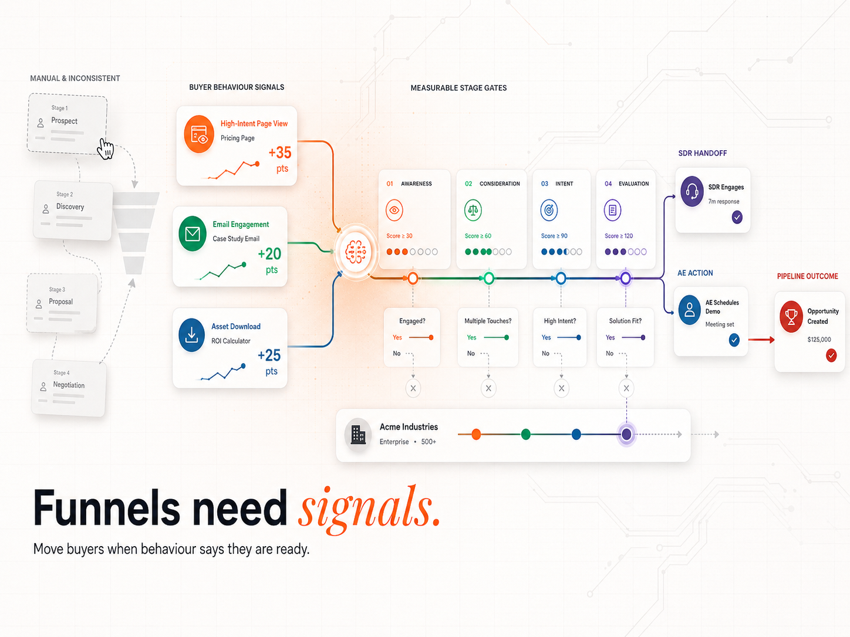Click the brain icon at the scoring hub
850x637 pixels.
(356, 252)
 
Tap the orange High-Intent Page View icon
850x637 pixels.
(199, 134)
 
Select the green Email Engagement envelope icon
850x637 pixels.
(193, 233)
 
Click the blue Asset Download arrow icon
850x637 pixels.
(192, 335)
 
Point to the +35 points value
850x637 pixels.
(279, 153)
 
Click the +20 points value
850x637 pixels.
(269, 254)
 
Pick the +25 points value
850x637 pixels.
(269, 355)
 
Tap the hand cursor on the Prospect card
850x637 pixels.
(105, 149)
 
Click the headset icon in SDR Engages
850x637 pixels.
(692, 191)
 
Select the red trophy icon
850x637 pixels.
(791, 316)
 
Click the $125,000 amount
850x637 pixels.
(819, 340)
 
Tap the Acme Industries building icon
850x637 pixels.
(358, 434)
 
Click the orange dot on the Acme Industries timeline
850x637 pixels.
(476, 434)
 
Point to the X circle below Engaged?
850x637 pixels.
(413, 388)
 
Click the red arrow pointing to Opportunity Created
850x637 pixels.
(761, 340)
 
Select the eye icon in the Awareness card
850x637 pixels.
(394, 210)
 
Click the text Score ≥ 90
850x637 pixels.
(554, 236)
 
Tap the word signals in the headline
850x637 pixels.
(369, 509)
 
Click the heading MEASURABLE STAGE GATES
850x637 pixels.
(458, 88)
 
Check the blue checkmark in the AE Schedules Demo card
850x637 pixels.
(734, 340)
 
